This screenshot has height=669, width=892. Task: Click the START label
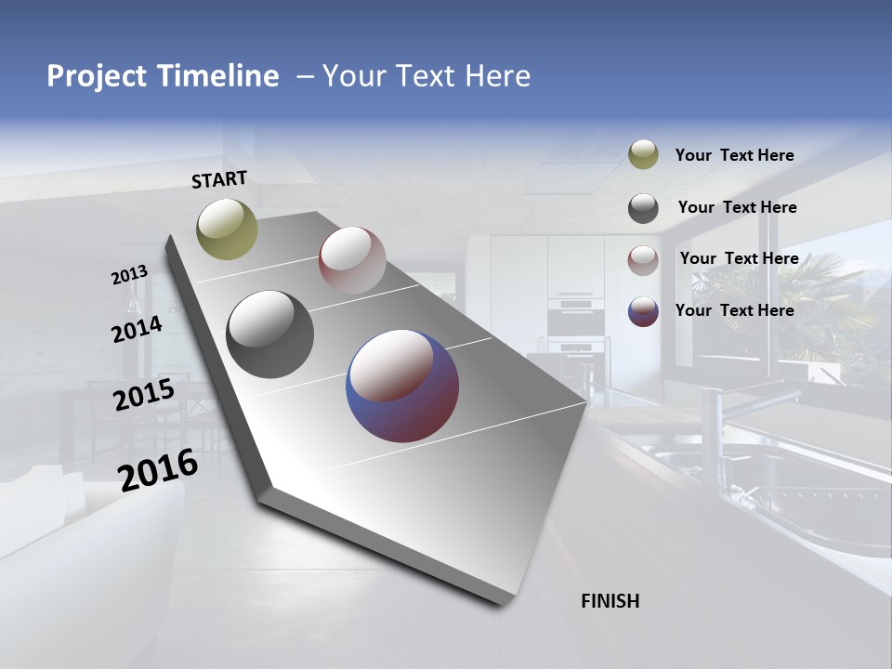pos(219,179)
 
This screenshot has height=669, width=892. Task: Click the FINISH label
pos(610,601)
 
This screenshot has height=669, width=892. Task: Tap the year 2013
pos(130,274)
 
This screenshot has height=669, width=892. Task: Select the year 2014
pos(137,329)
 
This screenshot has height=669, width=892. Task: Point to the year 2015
pos(144,395)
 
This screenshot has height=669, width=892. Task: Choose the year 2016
pos(158,468)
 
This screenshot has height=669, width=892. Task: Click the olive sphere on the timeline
pos(227,229)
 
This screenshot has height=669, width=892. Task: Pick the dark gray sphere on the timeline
pos(269,334)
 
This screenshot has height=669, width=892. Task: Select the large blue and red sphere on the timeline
pos(402,386)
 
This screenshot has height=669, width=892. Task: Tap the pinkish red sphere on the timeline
pos(352,259)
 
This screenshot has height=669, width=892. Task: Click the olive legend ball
pos(643,155)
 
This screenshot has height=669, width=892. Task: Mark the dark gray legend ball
pos(643,208)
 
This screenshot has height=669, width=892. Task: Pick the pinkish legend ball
pos(643,259)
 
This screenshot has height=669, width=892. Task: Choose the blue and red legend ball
pos(643,311)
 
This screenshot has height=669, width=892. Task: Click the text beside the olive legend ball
pos(734,156)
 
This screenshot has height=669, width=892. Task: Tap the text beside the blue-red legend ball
pos(734,310)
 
